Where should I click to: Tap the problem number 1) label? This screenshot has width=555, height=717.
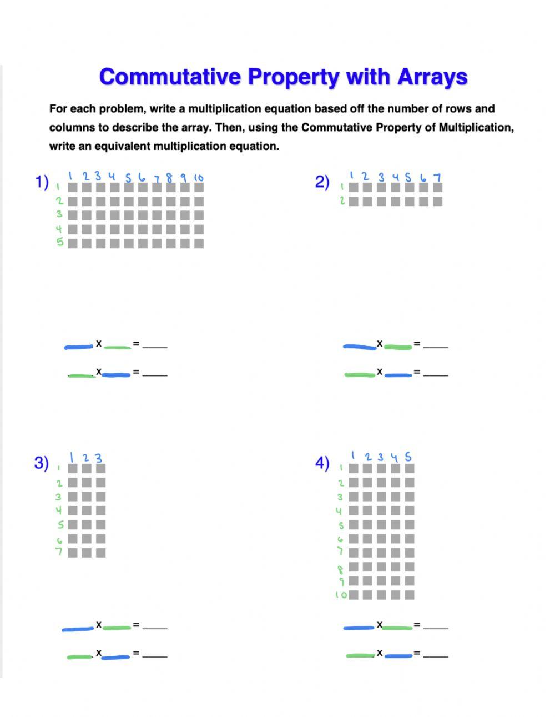(42, 182)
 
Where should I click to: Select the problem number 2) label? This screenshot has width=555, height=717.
(322, 182)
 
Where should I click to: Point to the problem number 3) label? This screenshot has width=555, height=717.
(42, 463)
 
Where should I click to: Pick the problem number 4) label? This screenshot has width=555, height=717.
(322, 463)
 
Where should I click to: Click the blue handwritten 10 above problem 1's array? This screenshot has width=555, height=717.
(199, 178)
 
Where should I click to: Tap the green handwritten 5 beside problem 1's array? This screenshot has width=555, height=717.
(59, 242)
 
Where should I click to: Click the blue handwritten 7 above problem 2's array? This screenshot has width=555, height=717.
(437, 177)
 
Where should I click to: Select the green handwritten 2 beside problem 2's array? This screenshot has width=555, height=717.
(342, 200)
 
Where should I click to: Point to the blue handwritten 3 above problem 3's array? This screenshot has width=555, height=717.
(99, 458)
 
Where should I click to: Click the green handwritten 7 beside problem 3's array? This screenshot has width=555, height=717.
(59, 552)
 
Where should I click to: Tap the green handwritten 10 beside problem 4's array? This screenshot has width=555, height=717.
(341, 595)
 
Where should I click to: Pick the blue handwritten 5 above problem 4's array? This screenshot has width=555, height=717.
(408, 457)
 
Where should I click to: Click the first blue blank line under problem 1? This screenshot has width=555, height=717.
(79, 347)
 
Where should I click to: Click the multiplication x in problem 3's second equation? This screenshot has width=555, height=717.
(99, 653)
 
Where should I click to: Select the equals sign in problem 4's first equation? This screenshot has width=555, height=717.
(416, 625)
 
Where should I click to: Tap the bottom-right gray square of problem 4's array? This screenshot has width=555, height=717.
(410, 595)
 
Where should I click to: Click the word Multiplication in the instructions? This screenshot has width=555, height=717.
(476, 128)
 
